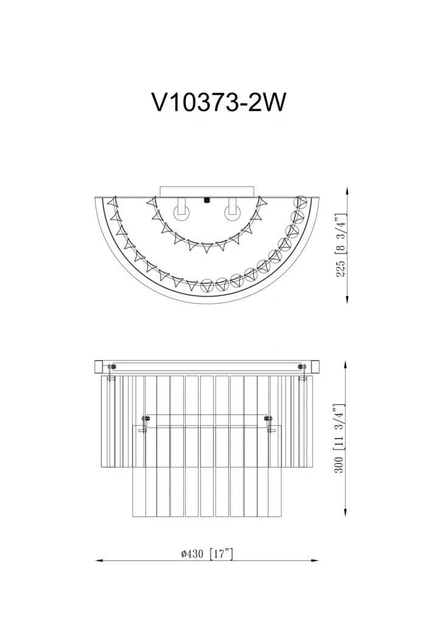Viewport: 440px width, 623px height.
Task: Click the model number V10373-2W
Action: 218,103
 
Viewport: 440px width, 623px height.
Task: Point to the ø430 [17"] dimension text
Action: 207,554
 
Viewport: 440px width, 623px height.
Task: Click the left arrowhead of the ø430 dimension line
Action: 99,560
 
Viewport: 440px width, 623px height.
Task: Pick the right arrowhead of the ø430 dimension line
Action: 315,560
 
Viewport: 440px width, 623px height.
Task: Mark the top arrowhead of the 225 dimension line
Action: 347,191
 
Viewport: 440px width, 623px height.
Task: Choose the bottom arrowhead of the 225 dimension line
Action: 347,299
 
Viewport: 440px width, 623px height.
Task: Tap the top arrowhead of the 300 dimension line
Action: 346,365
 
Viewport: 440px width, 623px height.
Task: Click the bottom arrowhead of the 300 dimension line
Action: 346,512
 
